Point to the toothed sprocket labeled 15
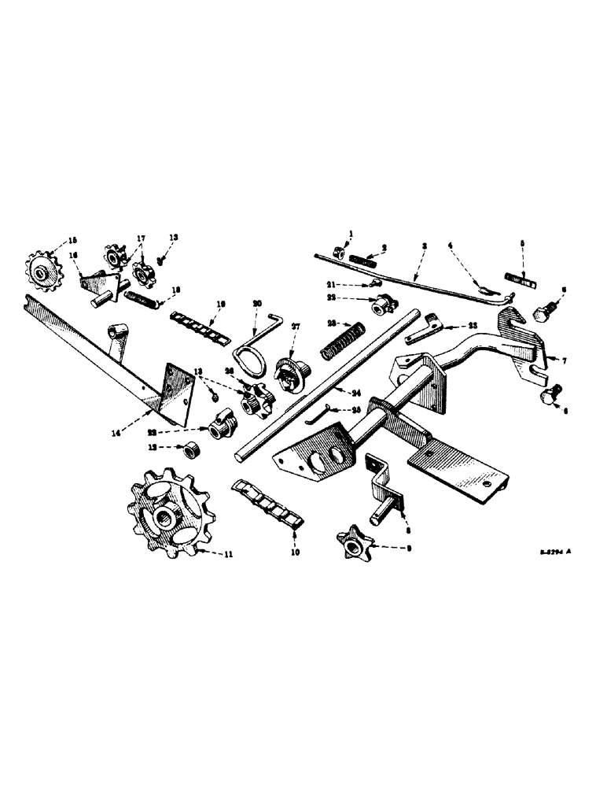tap(39, 271)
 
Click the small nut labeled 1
tap(334, 253)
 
